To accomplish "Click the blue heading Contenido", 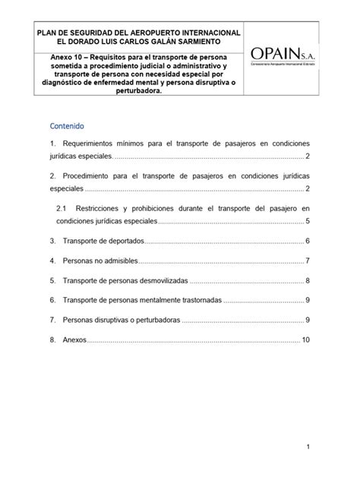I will click(67, 125).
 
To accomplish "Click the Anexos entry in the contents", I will click(74, 339).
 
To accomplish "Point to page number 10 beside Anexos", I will click(306, 339).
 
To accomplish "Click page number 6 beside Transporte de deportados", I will click(308, 241).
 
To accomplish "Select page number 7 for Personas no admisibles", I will click(308, 261).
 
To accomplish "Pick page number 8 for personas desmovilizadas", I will click(308, 280).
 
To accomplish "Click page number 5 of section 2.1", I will click(308, 221).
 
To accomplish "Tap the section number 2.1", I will click(63, 207).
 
